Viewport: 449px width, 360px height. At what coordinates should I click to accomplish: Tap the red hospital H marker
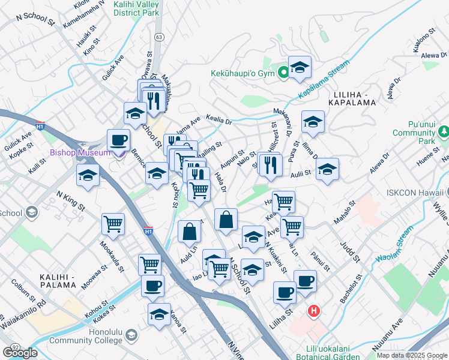pos(313,311)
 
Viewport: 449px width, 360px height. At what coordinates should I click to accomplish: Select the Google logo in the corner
pos(20,353)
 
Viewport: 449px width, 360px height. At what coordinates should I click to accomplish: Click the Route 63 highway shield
pos(158,37)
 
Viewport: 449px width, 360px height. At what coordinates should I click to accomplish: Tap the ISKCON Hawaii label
pos(414,192)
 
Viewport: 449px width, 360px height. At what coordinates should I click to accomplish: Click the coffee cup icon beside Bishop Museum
pos(118,140)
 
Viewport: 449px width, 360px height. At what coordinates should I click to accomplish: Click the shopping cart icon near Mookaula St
pos(113,224)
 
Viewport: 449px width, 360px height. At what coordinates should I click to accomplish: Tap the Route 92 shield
pos(14,347)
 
